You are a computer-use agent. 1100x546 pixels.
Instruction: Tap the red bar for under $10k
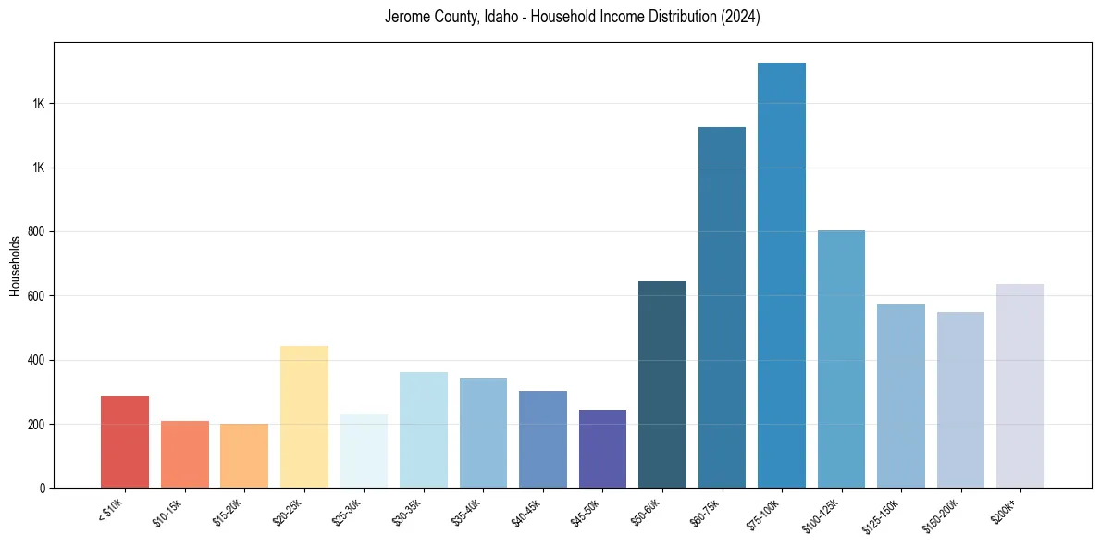click(125, 441)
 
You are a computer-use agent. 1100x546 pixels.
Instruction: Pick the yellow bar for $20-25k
click(303, 416)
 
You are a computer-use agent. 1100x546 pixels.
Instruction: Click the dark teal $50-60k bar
click(662, 384)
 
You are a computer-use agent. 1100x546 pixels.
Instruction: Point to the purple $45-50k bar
click(602, 449)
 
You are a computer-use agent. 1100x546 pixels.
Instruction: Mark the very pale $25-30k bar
click(364, 451)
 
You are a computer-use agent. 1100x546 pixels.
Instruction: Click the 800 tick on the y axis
click(38, 232)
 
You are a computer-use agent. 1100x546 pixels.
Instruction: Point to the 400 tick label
click(38, 360)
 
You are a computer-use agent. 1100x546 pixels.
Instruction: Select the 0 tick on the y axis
click(43, 489)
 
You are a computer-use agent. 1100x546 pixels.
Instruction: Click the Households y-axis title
click(15, 266)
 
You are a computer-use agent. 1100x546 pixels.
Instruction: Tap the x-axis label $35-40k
click(467, 511)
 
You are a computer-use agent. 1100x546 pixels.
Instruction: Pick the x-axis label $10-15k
click(168, 511)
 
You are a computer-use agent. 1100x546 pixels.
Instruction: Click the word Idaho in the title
click(501, 17)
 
